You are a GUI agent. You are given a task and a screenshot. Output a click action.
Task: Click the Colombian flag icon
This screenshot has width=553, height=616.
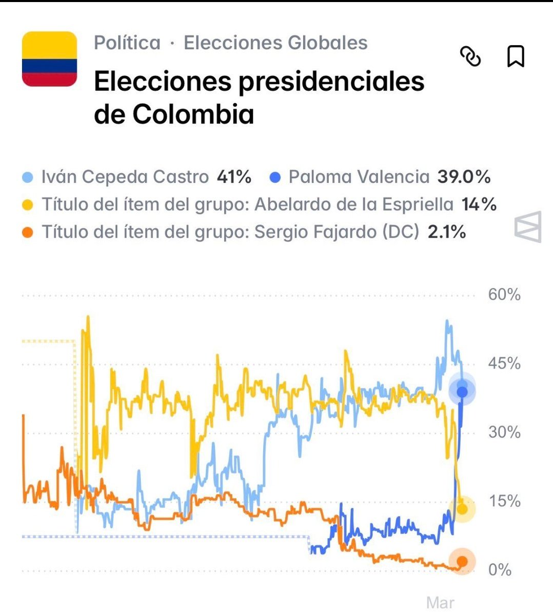click(49, 59)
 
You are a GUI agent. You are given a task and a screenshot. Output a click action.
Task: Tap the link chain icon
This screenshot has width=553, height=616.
click(470, 56)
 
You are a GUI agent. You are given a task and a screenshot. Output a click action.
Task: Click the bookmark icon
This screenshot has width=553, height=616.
click(516, 56)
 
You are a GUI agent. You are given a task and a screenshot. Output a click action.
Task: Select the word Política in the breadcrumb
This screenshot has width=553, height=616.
click(127, 43)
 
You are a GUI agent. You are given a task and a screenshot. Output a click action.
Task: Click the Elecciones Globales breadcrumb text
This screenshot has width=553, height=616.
click(275, 43)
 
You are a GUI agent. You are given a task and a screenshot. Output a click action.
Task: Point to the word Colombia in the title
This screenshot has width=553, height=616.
click(193, 114)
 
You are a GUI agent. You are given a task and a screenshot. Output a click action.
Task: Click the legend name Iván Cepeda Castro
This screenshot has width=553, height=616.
click(125, 177)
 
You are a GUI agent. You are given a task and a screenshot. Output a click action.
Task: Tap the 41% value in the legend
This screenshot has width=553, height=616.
click(234, 177)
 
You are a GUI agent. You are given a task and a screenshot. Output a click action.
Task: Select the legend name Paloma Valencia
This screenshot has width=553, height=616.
click(359, 177)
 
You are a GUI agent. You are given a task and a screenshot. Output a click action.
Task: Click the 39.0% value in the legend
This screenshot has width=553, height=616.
click(464, 177)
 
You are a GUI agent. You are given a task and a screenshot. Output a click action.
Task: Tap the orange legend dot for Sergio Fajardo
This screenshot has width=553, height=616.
click(28, 233)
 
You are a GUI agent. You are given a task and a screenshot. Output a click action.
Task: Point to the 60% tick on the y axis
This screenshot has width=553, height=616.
click(504, 295)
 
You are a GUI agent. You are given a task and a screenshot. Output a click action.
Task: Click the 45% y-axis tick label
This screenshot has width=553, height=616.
click(504, 363)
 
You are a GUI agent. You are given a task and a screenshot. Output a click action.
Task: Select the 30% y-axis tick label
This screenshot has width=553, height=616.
click(504, 432)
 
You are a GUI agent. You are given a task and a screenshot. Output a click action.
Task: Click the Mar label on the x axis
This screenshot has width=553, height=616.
click(440, 602)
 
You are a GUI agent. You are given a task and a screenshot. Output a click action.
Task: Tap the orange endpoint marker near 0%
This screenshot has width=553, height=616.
click(462, 562)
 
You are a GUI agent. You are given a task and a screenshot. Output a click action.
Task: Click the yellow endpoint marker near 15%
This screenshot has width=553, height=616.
click(462, 509)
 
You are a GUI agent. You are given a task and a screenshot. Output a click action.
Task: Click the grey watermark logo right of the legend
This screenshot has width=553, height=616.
click(528, 226)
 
